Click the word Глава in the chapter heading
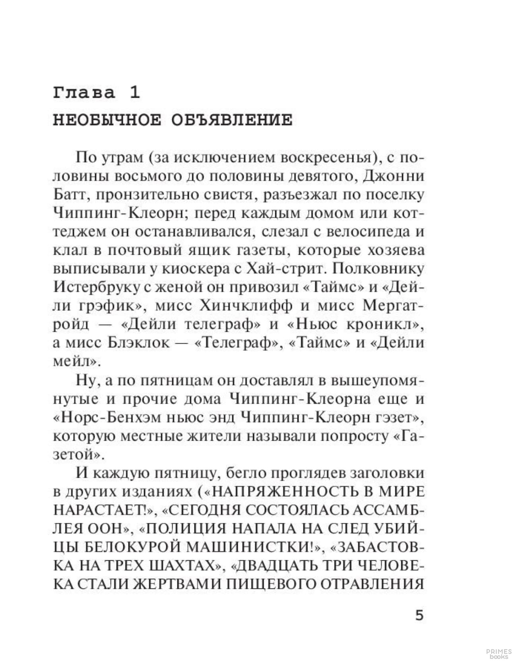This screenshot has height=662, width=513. (x=84, y=93)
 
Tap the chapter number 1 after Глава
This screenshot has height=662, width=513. (x=134, y=93)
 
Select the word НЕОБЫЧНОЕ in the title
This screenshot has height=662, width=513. (x=107, y=120)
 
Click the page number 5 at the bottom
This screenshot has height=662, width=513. (x=420, y=616)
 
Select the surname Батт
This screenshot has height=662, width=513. (x=70, y=195)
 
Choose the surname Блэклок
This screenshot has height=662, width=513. (x=139, y=343)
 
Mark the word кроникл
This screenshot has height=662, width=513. (x=380, y=324)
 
